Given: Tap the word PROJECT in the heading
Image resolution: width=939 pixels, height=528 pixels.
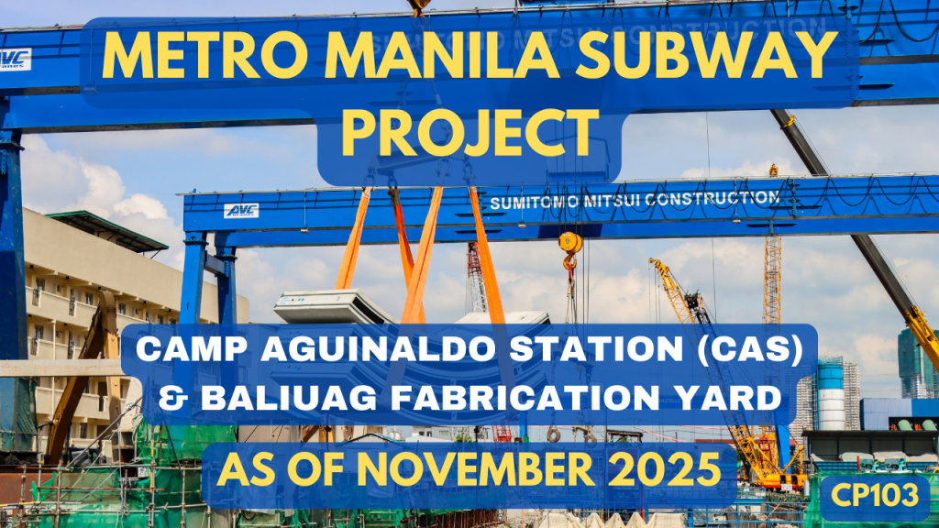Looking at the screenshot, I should [469, 135].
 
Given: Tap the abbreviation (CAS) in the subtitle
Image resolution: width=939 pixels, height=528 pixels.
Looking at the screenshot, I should [743, 349].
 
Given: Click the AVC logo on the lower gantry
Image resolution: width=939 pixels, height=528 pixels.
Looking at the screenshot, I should [241, 211].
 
